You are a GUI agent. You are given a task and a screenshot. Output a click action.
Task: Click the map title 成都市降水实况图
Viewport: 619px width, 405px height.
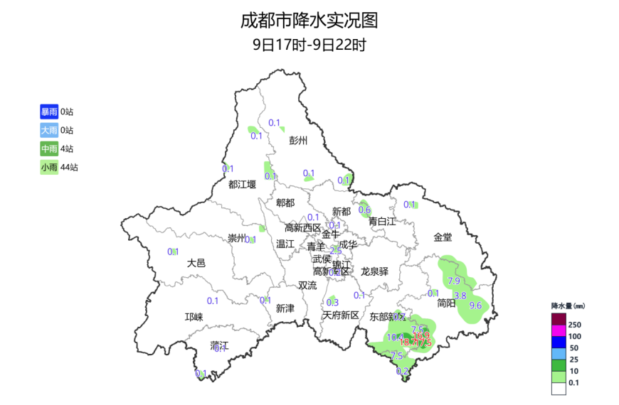(309, 20)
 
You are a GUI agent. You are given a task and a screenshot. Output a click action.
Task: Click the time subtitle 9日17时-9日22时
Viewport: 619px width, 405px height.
(309, 45)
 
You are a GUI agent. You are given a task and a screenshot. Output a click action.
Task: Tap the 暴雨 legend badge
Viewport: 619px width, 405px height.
(49, 112)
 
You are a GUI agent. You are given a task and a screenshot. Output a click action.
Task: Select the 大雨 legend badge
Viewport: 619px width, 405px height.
(49, 130)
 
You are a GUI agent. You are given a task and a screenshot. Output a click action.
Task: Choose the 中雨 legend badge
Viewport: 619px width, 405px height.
(49, 148)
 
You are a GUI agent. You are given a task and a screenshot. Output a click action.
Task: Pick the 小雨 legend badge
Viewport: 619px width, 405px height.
(49, 167)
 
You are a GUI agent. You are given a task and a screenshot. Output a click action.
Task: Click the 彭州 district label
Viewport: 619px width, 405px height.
(298, 141)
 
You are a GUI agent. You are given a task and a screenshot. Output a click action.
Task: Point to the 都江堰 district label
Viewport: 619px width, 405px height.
(242, 184)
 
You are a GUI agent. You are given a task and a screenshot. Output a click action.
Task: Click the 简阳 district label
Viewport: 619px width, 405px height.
(446, 303)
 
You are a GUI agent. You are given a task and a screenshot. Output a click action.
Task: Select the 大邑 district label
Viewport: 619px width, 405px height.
(196, 263)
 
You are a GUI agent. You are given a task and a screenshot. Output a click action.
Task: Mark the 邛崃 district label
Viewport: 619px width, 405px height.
(194, 317)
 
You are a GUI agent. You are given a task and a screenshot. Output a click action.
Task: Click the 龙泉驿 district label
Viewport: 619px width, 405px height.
(374, 271)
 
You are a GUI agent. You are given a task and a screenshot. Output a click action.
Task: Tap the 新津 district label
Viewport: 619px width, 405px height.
(285, 308)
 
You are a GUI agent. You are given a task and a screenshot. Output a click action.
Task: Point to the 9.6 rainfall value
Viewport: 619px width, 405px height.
(477, 306)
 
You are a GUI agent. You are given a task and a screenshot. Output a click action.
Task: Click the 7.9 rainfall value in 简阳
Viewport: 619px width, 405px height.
(454, 281)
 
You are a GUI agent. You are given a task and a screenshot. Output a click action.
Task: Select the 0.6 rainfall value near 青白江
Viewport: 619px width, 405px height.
(364, 210)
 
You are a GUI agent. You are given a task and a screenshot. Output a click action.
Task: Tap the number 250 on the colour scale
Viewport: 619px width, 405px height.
(575, 325)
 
